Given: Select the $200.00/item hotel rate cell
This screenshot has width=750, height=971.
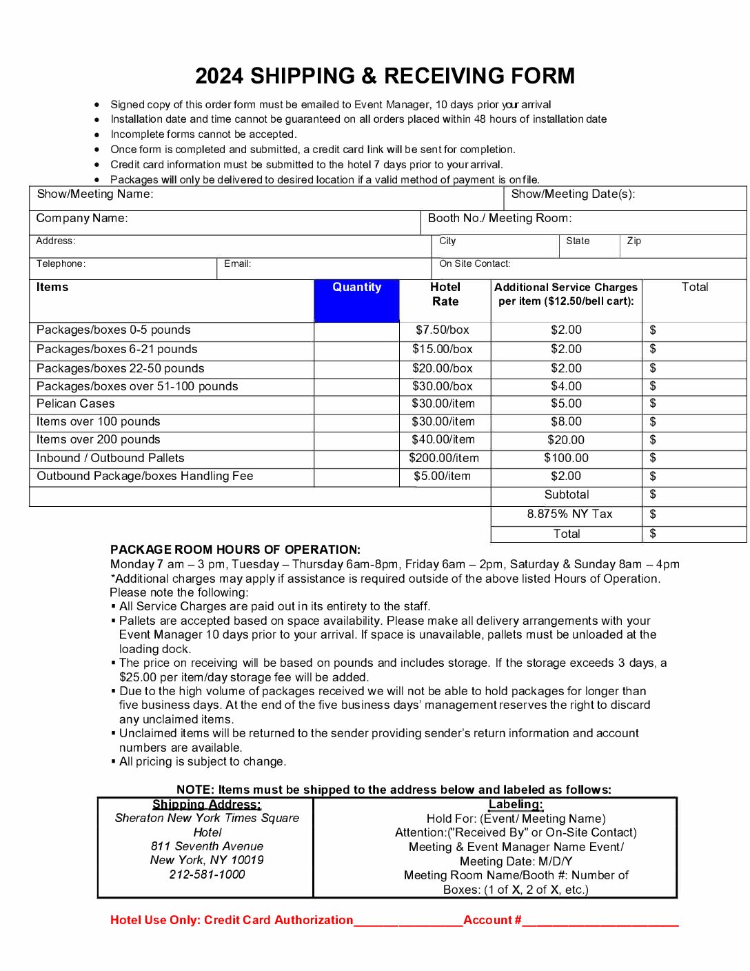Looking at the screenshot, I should point(443,458).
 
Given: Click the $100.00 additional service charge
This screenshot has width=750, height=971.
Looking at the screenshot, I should point(566,458).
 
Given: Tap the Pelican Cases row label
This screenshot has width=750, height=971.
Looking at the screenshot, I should point(76,404).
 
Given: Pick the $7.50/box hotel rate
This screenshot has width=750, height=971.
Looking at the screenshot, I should point(442,330).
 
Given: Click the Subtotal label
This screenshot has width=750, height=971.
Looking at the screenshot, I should point(567,495).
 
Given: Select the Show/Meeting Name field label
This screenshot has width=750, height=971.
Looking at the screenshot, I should point(95,194).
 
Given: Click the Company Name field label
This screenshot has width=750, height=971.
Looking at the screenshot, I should point(82,219).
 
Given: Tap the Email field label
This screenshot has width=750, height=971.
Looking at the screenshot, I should point(238,264).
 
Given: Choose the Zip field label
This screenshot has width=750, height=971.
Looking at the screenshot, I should point(634,241).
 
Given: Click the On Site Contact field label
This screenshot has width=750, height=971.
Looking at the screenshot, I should point(475,264).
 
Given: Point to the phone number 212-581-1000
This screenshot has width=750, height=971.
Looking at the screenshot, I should point(207,874).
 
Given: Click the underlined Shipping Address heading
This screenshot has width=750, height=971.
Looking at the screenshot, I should point(207,805).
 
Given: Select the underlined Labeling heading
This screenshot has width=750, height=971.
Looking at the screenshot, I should point(516,805).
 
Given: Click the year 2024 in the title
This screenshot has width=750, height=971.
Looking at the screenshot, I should point(219,76).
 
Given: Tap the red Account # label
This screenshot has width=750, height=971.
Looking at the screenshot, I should point(492,920).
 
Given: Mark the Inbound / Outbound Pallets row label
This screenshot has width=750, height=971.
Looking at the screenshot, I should point(110,458).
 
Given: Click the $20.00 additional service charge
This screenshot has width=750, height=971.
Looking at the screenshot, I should point(566,440).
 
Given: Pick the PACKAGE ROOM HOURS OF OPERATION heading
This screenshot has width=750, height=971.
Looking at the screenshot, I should point(235,550).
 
